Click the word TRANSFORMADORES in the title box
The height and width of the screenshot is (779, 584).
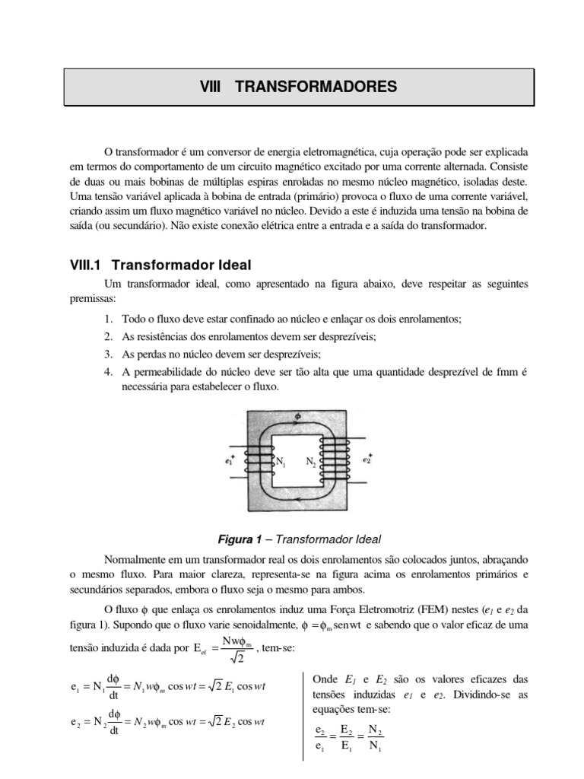[x=316, y=87]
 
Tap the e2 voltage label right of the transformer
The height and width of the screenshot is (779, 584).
[x=367, y=459]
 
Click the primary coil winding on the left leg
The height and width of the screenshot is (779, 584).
[x=262, y=461]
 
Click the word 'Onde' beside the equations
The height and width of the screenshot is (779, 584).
[x=325, y=679]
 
